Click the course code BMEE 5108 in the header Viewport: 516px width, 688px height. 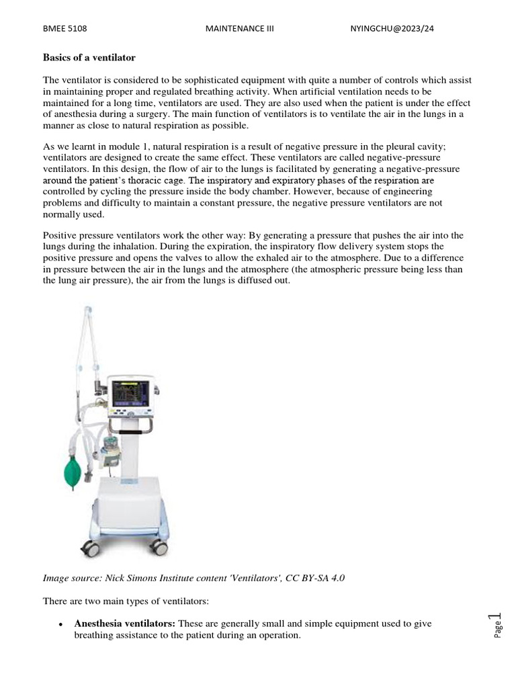tap(65, 29)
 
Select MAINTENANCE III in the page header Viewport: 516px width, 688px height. tap(239, 29)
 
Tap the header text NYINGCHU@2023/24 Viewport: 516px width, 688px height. tap(397, 29)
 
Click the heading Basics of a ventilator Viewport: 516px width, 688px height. tap(89, 57)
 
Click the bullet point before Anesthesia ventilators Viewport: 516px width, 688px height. tap(60, 625)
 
